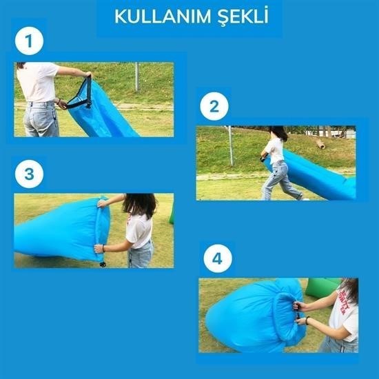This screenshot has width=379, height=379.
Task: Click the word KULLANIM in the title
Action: click(163, 17)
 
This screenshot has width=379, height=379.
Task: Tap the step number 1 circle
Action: click(29, 41)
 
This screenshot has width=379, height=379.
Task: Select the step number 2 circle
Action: click(214, 106)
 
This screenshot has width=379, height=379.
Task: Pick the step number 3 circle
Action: click(29, 174)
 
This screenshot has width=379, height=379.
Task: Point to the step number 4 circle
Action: click(218, 258)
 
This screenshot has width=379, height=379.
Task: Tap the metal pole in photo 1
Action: click(137, 76)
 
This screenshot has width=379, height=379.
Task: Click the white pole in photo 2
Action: click(231, 146)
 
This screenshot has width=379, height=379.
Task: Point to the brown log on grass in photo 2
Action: click(320, 144)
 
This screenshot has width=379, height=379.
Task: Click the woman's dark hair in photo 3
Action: click(140, 205)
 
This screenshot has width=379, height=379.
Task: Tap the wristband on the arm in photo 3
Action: click(103, 248)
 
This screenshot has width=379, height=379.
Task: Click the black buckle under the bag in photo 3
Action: click(103, 264)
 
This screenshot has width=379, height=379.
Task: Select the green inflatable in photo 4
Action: click(322, 287)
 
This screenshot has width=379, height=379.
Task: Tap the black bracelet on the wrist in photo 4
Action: click(307, 320)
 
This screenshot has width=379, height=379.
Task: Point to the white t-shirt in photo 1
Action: click(37, 81)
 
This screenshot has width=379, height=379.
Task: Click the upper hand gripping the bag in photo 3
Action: click(103, 203)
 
